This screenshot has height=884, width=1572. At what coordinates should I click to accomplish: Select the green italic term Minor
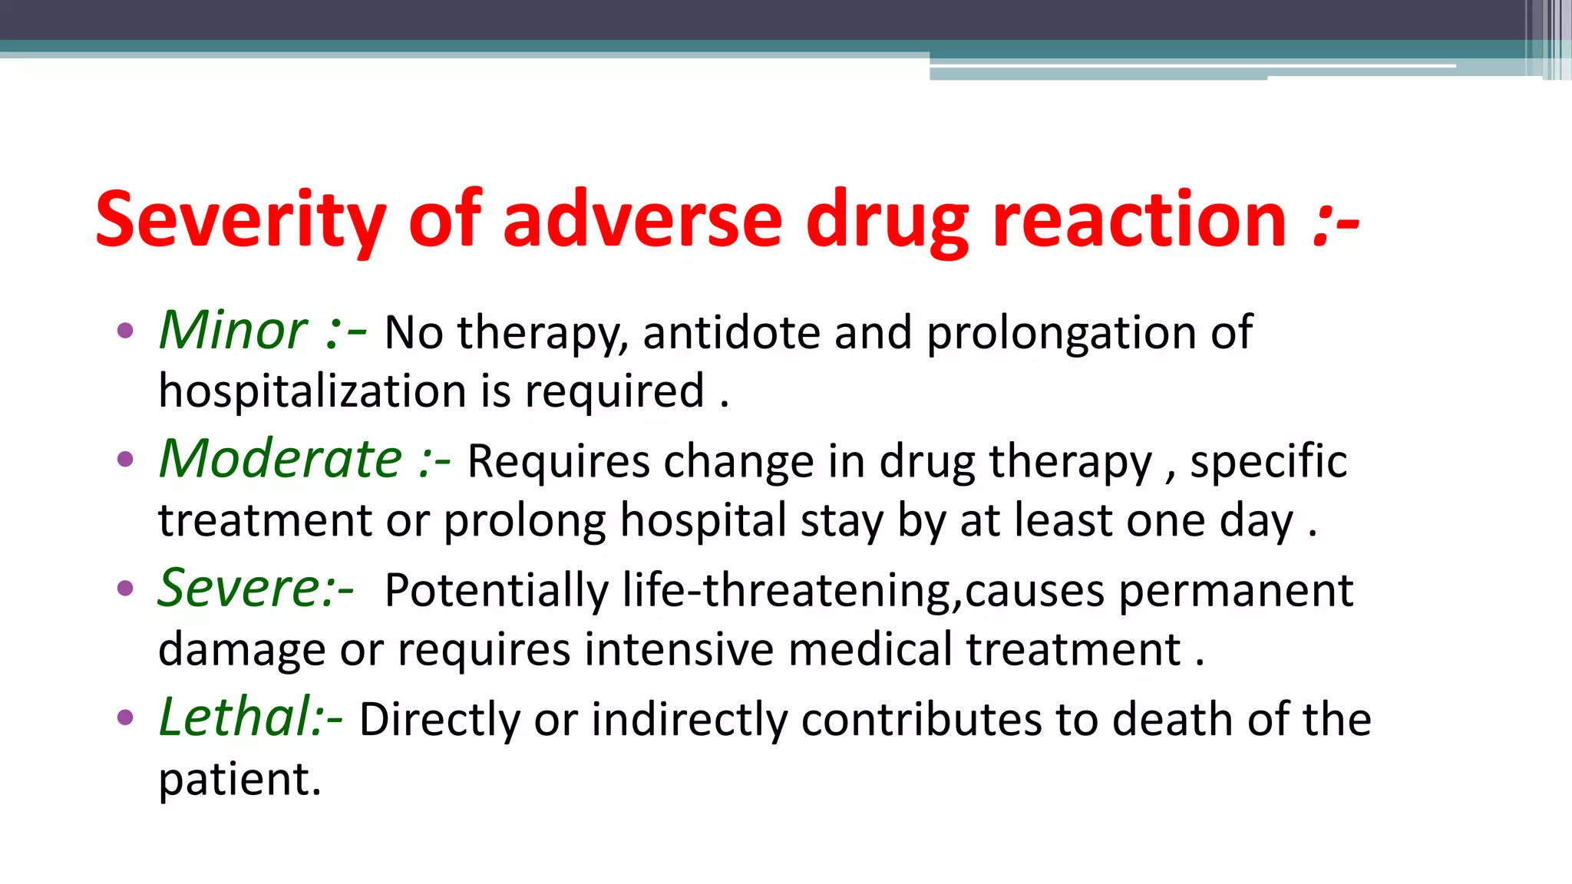click(233, 331)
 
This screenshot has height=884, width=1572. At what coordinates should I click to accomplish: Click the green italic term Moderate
click(280, 460)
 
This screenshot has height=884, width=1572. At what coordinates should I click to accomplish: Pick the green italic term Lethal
click(233, 717)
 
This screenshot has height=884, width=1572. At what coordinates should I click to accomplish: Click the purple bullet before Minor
click(125, 331)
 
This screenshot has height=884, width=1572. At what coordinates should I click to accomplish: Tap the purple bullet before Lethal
click(125, 718)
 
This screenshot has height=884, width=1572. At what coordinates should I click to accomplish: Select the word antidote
click(732, 333)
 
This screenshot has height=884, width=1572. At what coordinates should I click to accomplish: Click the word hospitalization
click(312, 391)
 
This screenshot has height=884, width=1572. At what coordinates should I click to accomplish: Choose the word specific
click(1268, 462)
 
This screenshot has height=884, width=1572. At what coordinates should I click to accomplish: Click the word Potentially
click(496, 591)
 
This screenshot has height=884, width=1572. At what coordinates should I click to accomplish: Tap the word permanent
click(1236, 591)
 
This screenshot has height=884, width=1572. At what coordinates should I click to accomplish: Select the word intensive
click(679, 649)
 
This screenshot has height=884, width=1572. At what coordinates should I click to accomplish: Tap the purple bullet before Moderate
click(125, 460)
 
